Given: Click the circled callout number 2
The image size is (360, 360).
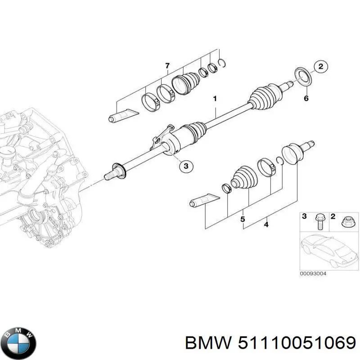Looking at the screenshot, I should (320, 67).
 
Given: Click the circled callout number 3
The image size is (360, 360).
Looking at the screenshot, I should (185, 166).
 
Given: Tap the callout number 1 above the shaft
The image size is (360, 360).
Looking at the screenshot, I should (215, 98).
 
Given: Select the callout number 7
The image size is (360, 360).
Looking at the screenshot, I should (167, 66).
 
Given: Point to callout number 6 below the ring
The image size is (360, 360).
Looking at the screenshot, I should (306, 98).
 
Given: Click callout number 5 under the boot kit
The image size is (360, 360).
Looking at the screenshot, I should (242, 219).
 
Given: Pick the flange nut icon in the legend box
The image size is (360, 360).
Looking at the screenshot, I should (347, 221).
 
